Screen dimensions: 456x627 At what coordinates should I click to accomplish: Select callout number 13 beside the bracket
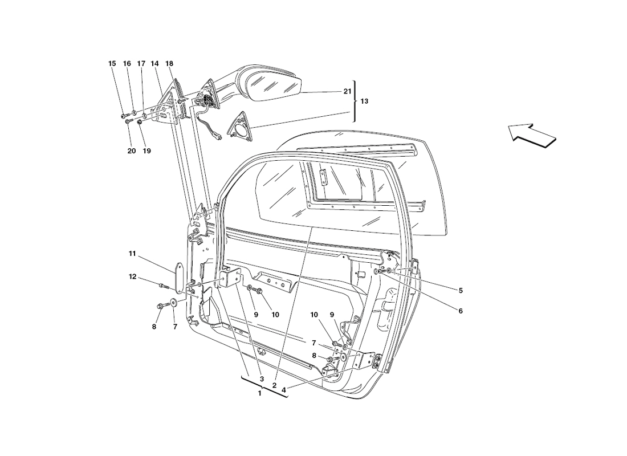[x=364, y=101]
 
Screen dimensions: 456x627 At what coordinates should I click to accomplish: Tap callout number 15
[x=112, y=64]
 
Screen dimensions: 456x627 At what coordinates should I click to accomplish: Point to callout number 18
[x=169, y=64]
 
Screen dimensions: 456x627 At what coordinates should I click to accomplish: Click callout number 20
[x=132, y=151]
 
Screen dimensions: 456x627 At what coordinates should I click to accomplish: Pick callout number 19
[x=146, y=151]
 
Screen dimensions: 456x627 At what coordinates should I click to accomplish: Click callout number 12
[x=133, y=277]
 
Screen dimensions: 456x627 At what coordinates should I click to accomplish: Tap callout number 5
[x=460, y=290]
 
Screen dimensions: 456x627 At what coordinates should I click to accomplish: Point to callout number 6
[x=460, y=311]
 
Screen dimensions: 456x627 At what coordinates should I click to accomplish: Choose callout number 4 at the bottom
[x=283, y=390]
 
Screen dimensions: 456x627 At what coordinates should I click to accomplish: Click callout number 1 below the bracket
[x=260, y=393]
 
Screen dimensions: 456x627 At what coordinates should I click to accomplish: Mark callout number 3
[x=262, y=379]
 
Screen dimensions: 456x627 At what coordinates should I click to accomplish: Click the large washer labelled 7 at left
[x=173, y=302]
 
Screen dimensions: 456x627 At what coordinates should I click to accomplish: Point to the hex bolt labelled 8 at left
[x=159, y=306]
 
